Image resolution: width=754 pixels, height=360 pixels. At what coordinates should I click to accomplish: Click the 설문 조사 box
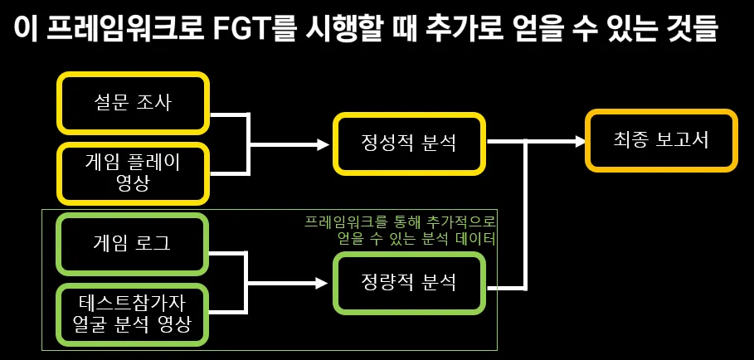pos(134,103)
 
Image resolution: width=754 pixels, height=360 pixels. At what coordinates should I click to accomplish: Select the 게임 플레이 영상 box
pos(134,173)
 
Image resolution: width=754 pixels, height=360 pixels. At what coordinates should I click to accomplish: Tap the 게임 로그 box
pos(134,244)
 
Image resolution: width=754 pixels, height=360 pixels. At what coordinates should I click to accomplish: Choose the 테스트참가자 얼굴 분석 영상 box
pos(134,314)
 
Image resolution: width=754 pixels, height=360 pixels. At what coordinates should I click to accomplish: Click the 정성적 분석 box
pos(409,143)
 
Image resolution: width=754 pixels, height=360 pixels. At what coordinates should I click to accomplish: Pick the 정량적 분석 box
pos(409,283)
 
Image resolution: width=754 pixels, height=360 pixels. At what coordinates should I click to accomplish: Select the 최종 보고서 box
pos(661,140)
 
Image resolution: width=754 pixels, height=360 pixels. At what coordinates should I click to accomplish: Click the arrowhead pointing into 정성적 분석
pos(323,144)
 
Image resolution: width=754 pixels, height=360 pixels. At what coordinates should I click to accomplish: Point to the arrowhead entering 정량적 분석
pos(322,283)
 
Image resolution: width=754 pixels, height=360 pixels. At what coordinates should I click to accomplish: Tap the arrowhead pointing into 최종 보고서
pos(579,141)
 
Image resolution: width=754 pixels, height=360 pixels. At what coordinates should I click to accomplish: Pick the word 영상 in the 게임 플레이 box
pos(133,183)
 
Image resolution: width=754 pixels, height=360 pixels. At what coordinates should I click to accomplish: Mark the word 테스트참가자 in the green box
pos(132,304)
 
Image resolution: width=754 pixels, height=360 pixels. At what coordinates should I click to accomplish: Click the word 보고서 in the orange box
pos(682,140)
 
